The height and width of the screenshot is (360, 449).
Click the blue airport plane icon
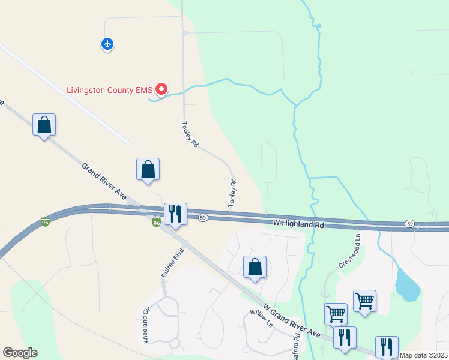click(107, 44)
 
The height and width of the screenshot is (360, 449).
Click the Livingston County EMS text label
click(110, 90)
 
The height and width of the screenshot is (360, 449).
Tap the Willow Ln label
click(262, 318)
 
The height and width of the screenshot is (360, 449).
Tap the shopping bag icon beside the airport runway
click(44, 125)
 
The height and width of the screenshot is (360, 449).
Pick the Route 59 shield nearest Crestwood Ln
click(409, 223)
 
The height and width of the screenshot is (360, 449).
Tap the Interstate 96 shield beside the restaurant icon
click(157, 223)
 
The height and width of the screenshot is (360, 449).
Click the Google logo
click(20, 353)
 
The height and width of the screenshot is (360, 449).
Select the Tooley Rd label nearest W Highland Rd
click(232, 193)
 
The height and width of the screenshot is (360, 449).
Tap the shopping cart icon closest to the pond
click(364, 300)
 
